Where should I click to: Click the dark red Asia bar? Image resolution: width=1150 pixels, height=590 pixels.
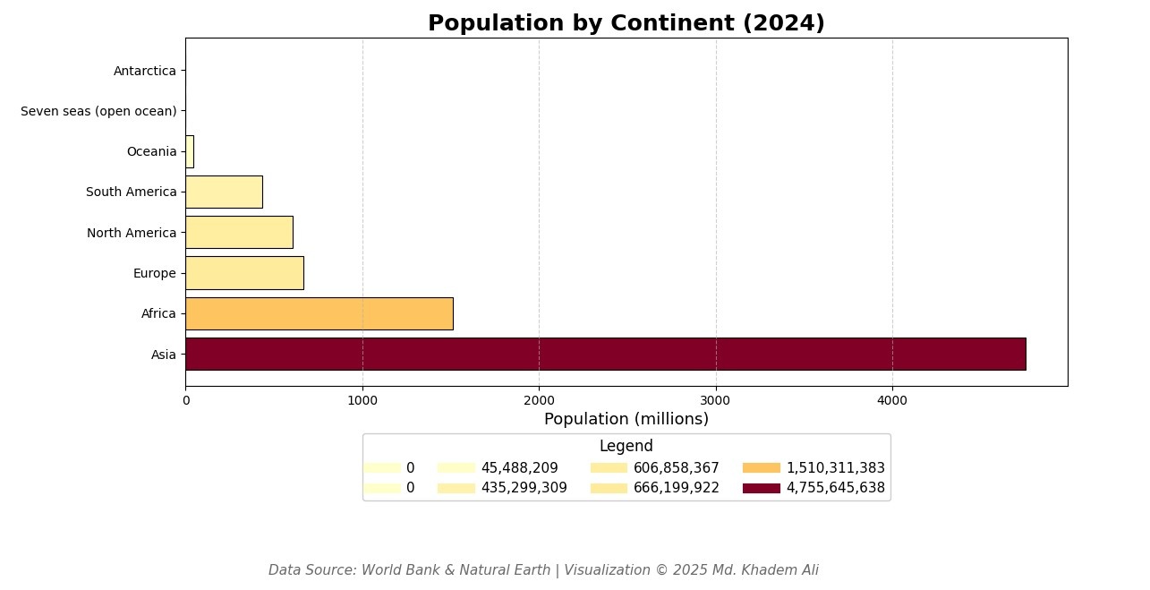click(605, 354)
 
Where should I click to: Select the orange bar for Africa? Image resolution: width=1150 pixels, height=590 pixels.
click(319, 313)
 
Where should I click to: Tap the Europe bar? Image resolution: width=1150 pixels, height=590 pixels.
click(244, 273)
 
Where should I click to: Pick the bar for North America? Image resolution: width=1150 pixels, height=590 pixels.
click(239, 232)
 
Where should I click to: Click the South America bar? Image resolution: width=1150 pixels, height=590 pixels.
click(224, 192)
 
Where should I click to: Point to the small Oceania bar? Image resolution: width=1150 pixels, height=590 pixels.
click(190, 151)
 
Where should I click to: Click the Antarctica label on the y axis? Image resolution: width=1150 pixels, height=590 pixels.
click(145, 71)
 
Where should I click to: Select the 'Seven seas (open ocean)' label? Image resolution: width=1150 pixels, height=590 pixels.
click(98, 111)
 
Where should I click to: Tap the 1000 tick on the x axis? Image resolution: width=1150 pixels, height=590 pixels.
click(362, 400)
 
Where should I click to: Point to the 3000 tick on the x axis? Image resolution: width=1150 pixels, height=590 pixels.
click(715, 400)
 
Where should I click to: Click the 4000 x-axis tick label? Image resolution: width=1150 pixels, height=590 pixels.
click(891, 400)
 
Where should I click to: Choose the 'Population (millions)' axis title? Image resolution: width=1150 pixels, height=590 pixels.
click(626, 419)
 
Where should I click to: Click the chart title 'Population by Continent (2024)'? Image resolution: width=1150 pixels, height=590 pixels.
click(626, 23)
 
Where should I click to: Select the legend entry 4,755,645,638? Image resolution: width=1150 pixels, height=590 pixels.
click(834, 488)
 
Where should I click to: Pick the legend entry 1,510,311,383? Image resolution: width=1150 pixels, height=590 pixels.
click(834, 467)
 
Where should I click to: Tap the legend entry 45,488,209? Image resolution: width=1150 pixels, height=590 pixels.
click(518, 467)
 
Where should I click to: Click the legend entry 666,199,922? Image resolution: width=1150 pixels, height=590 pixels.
click(676, 488)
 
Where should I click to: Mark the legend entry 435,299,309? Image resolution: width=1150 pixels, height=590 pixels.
click(524, 488)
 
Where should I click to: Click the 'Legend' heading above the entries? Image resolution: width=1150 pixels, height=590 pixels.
click(626, 446)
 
